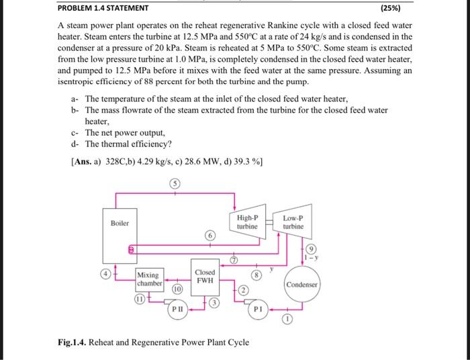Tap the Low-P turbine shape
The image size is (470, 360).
[x=293, y=222]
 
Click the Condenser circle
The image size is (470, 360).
[x=303, y=284]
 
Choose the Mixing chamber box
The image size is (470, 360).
[x=149, y=279]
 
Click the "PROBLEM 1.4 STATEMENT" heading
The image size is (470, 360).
[x=103, y=9]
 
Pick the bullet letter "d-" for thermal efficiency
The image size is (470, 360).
[x=76, y=144]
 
